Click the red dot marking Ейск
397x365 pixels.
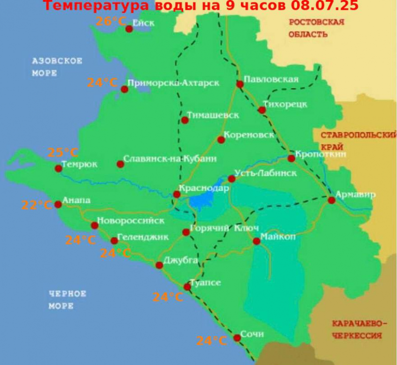pos(129,29)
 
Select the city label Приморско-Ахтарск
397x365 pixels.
pos(173,83)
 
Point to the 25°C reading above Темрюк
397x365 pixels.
pos(63,153)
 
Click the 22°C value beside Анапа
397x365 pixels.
pos(37,205)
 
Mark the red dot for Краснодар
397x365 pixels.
pos(177,194)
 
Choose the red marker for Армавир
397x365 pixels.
pos(331,200)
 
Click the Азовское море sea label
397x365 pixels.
pos(57,67)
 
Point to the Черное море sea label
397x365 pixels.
pos(68,300)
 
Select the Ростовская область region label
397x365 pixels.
pos(317,28)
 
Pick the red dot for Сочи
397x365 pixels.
pos(237,337)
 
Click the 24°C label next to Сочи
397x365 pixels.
pos(212,341)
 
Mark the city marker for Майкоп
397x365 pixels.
pos(256,241)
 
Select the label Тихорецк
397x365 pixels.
pos(285,104)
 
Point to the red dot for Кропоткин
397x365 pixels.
pos(291,158)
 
